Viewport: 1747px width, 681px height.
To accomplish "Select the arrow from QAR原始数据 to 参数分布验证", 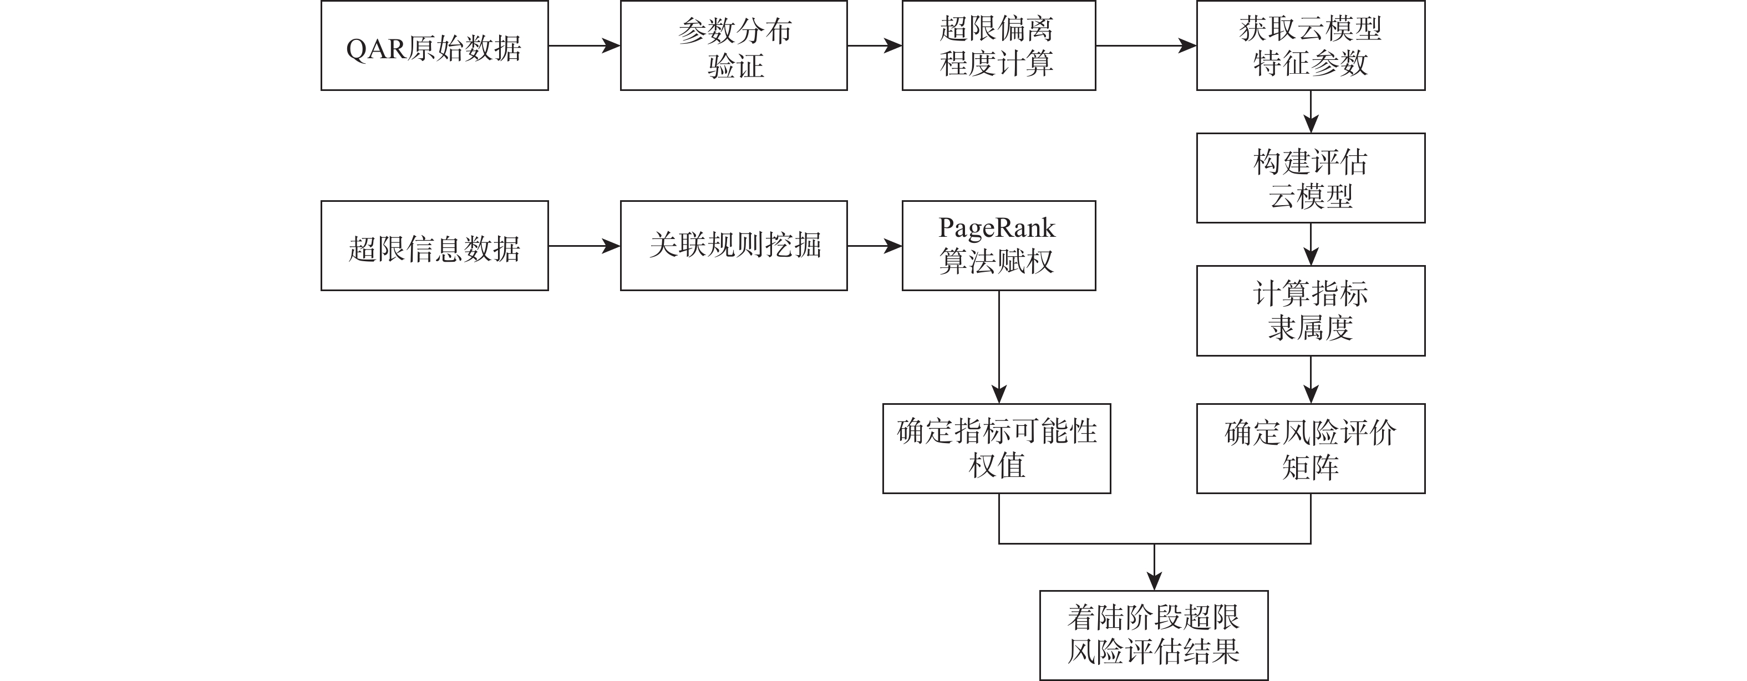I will (584, 45).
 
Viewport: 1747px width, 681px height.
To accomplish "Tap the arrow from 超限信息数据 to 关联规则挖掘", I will (584, 246).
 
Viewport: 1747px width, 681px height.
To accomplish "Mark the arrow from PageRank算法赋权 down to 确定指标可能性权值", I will (999, 347).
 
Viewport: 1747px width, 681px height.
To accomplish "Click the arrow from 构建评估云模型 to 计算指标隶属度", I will (1311, 244).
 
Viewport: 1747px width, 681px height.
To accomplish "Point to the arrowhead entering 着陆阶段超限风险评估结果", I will (1154, 581).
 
